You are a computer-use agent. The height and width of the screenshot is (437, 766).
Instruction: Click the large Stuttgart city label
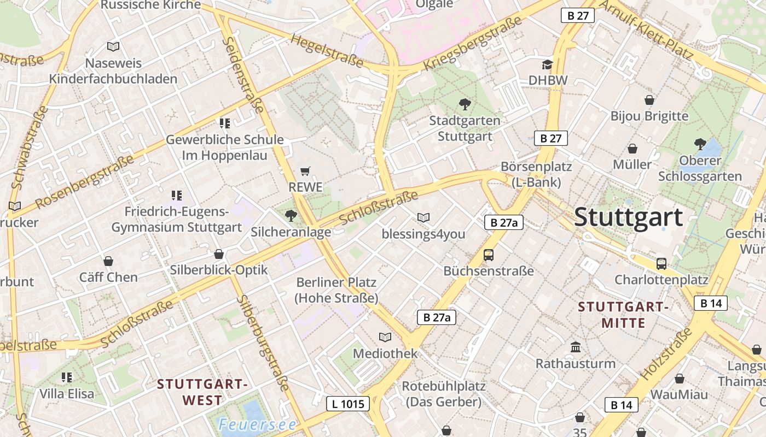[628, 217]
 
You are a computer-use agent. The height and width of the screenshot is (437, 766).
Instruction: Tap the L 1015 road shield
[348, 404]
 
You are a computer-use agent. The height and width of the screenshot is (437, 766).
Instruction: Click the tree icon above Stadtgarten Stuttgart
[465, 104]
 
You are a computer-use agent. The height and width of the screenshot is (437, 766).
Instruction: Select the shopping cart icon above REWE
[305, 172]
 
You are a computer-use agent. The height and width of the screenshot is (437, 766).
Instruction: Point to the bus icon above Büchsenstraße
[489, 255]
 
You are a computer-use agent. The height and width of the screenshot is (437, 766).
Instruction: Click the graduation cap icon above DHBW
[548, 65]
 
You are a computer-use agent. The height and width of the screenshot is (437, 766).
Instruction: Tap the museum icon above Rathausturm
[576, 347]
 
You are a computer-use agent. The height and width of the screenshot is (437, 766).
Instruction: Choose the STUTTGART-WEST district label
[202, 392]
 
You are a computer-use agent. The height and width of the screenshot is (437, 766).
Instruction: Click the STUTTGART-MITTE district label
[623, 314]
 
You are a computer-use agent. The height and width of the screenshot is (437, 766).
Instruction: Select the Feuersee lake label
[257, 424]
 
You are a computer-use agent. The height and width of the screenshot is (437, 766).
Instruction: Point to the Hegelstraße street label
[327, 50]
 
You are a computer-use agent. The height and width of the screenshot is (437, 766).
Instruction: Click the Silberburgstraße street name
[263, 343]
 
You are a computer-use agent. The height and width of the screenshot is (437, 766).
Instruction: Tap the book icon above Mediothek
[385, 337]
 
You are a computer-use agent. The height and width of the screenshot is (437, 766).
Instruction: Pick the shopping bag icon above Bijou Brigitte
[649, 100]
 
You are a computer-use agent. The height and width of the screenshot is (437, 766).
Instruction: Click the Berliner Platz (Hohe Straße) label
[336, 290]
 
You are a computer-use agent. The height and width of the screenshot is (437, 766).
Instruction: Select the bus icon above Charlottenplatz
[661, 264]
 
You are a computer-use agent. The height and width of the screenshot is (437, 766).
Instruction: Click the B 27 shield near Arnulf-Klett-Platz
[578, 15]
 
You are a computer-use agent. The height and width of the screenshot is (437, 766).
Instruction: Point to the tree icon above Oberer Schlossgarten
[700, 144]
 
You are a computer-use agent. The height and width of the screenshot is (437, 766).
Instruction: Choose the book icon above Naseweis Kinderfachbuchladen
[113, 47]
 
